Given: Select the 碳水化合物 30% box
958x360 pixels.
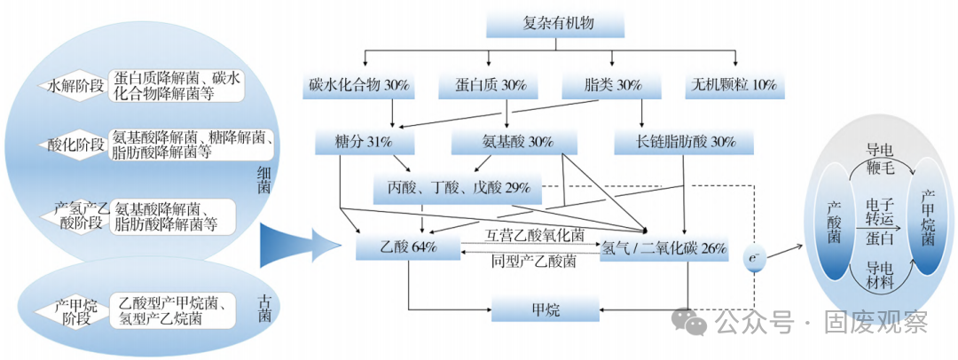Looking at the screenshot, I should pyautogui.click(x=358, y=86).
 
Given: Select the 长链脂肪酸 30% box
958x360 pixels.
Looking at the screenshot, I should pyautogui.click(x=684, y=142).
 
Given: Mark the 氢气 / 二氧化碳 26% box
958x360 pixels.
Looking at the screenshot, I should pyautogui.click(x=664, y=247).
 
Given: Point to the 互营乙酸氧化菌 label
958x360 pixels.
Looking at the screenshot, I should pyautogui.click(x=535, y=236).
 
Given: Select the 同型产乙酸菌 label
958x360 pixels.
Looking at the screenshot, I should pyautogui.click(x=534, y=262).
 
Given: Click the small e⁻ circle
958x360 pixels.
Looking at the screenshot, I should pyautogui.click(x=754, y=258).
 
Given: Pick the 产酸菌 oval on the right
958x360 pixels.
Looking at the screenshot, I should pyautogui.click(x=833, y=221).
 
